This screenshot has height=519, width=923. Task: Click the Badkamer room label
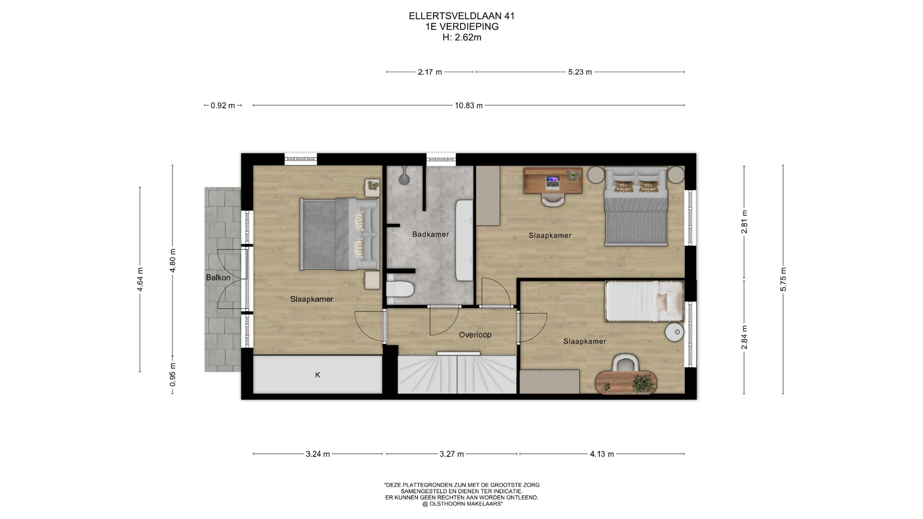[430, 235]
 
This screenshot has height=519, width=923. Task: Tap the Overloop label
[475, 335]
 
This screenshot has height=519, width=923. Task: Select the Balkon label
[218, 278]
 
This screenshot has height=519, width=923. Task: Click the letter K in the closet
[318, 375]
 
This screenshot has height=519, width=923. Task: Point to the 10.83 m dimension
[469, 106]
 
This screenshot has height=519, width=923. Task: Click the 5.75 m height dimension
[783, 279]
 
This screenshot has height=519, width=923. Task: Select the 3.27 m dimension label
[452, 454]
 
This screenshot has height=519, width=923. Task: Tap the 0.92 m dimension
[223, 106]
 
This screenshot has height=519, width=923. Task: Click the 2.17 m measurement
[430, 72]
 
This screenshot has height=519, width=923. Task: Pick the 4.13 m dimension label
[602, 454]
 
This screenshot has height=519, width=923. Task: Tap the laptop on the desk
[552, 182]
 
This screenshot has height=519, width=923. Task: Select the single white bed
[644, 301]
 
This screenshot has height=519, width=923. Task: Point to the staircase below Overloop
[457, 373]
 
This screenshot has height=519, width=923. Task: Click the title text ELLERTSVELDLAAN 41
[461, 16]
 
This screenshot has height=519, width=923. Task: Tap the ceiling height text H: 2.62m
[461, 37]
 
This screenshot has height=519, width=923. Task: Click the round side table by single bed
[674, 332]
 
